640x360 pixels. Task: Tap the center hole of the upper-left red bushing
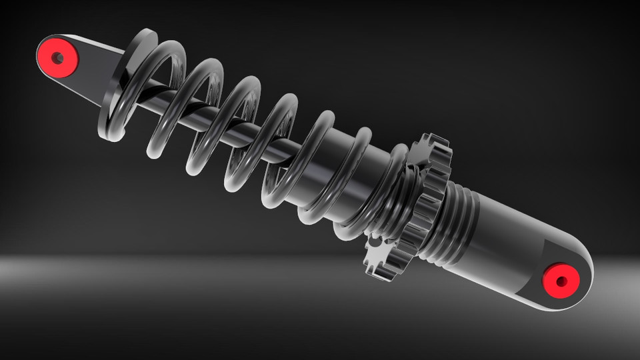(58, 58)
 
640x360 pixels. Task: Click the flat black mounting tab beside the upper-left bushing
(100, 63)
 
